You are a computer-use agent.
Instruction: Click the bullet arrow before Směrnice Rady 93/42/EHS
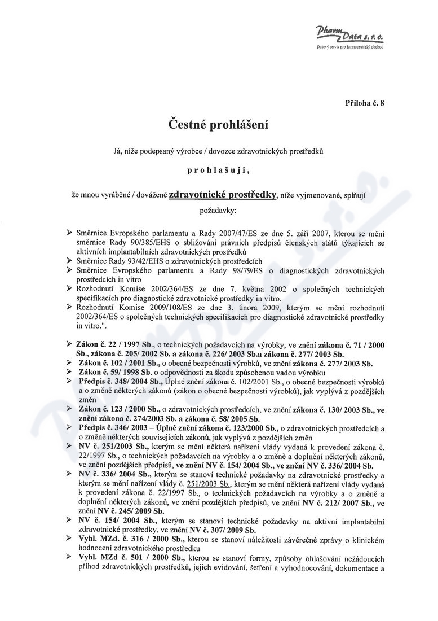pos(69,261)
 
